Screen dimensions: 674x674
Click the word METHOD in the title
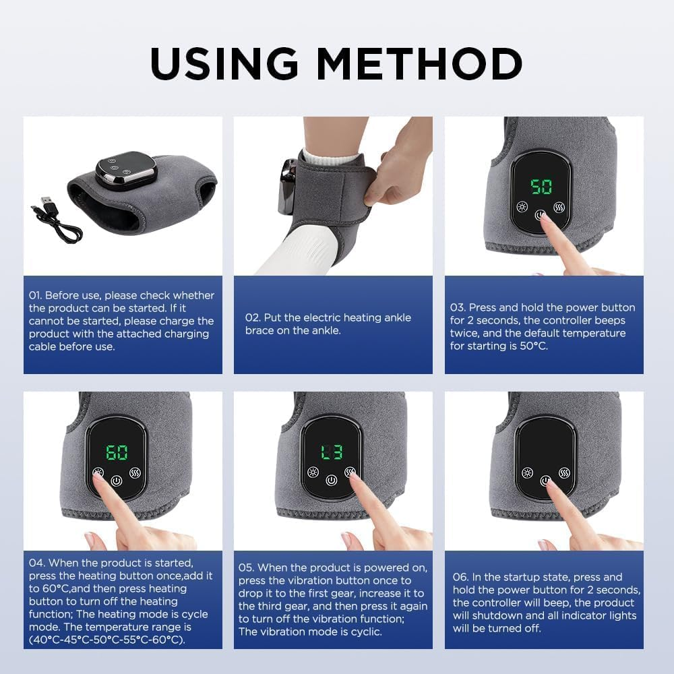click(x=419, y=64)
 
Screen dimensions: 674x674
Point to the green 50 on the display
click(x=541, y=187)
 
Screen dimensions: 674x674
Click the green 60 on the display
click(x=117, y=452)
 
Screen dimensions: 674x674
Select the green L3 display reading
click(x=331, y=452)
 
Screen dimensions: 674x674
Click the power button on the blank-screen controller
click(x=545, y=481)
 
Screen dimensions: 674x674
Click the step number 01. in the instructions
click(x=36, y=295)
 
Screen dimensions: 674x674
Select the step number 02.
click(x=253, y=317)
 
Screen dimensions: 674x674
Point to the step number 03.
click(x=458, y=307)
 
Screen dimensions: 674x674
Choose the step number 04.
click(x=37, y=563)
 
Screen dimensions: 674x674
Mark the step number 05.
click(x=247, y=568)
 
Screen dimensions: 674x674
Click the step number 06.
click(x=461, y=577)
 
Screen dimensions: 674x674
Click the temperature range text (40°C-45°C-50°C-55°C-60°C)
click(x=107, y=640)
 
